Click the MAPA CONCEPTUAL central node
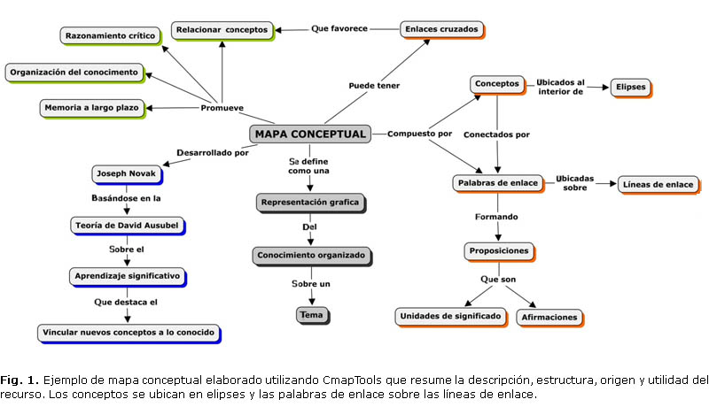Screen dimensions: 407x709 pyautogui.click(x=309, y=134)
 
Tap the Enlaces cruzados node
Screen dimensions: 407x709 pyautogui.click(x=441, y=29)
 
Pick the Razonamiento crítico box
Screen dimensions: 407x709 pyautogui.click(x=111, y=36)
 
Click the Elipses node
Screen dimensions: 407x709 pyautogui.click(x=629, y=88)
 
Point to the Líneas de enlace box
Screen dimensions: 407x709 pyautogui.click(x=658, y=184)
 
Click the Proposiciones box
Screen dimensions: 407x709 pyautogui.click(x=498, y=251)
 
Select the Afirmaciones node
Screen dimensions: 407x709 pyautogui.click(x=549, y=317)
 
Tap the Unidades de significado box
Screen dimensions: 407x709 pyautogui.click(x=450, y=316)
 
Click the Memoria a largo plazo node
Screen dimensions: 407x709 pyautogui.click(x=91, y=108)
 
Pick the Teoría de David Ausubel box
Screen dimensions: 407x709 pyautogui.click(x=125, y=225)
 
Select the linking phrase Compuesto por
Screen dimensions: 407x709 pyautogui.click(x=419, y=134)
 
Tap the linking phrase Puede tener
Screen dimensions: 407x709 pyautogui.click(x=373, y=86)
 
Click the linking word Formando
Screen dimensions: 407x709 pyautogui.click(x=496, y=216)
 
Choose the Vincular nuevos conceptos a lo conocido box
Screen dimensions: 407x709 pyautogui.click(x=129, y=334)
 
